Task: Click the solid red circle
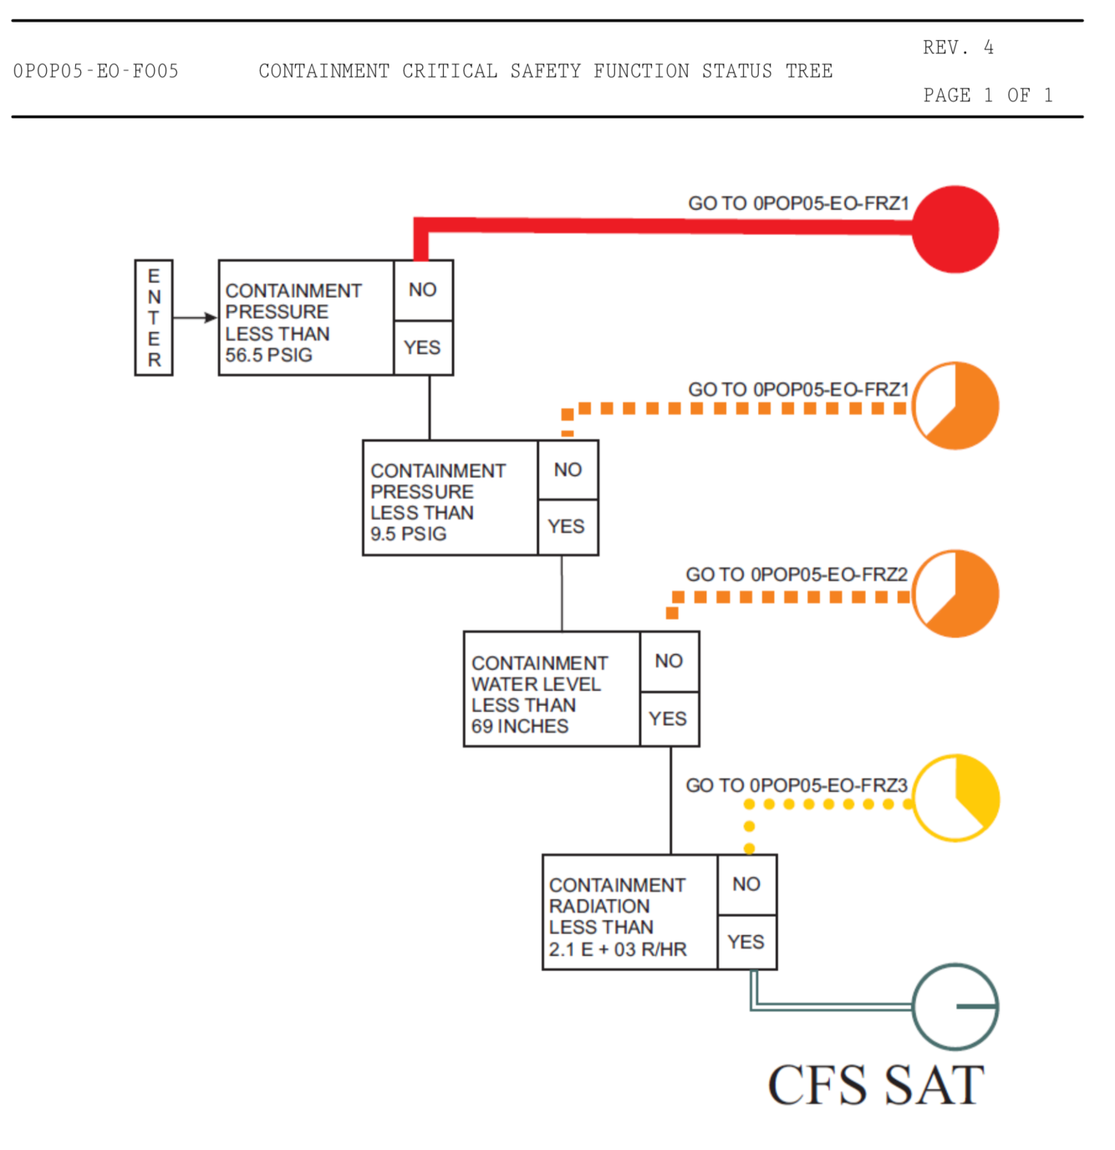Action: coord(955,229)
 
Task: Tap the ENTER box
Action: coord(154,318)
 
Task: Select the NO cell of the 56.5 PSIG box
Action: coord(423,289)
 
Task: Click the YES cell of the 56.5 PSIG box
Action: coord(423,347)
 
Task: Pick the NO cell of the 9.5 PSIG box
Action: coord(568,470)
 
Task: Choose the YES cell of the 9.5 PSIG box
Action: coord(567,527)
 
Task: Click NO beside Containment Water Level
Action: coord(669,662)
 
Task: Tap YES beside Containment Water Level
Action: coord(669,718)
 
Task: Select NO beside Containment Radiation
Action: coord(746,884)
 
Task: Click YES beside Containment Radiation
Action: coord(746,943)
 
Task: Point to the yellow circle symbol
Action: coord(955,798)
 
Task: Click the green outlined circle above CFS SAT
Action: coord(955,1006)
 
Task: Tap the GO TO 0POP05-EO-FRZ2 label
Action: coord(797,575)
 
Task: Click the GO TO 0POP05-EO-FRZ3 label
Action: coord(797,785)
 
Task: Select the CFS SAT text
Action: coord(876,1086)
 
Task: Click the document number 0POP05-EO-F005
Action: coord(96,71)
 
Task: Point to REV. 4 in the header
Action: coord(958,48)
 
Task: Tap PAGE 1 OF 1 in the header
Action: coord(987,95)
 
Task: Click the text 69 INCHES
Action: coord(520,726)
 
